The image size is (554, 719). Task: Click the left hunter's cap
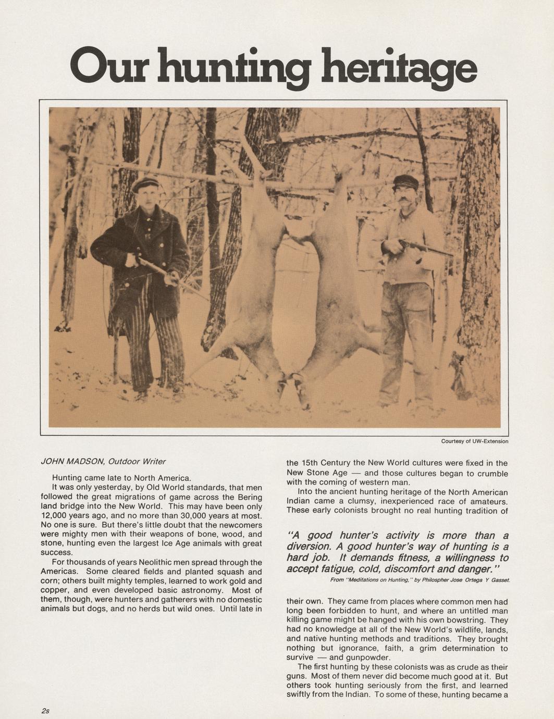tap(145, 183)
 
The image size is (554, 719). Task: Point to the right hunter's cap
tap(405, 181)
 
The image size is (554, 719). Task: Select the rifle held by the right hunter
tap(425, 247)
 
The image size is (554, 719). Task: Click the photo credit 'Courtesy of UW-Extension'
tap(474, 441)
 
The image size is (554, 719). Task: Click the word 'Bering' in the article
tap(249, 497)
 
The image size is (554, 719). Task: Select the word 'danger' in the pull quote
tap(472, 568)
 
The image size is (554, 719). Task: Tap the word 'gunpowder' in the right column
tap(360, 658)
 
